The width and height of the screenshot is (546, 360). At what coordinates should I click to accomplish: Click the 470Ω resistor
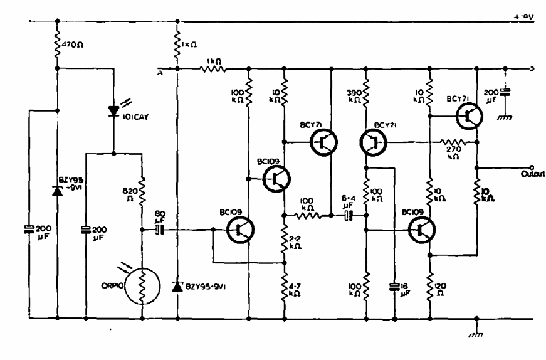(57, 43)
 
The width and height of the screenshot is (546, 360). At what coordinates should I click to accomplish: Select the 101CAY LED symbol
(114, 111)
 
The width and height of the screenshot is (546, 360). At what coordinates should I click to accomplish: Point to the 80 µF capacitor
(160, 230)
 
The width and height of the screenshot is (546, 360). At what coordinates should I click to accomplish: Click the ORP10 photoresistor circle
(142, 285)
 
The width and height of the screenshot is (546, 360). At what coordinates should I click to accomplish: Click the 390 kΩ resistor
(365, 93)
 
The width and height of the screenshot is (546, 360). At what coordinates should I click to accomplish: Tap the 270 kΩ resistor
(451, 142)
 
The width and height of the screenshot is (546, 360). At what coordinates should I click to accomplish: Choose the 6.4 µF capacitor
(349, 216)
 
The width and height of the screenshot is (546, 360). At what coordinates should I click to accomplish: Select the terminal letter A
(161, 71)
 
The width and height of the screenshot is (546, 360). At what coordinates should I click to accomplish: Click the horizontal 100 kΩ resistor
(308, 216)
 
